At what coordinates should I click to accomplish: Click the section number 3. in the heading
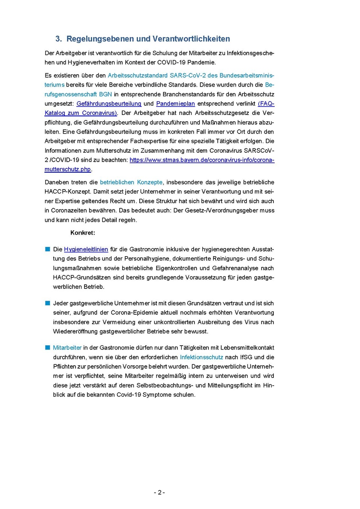tap(59, 39)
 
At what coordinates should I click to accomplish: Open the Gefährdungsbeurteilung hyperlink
tap(109, 103)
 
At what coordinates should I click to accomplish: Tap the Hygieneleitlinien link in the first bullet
tap(86, 249)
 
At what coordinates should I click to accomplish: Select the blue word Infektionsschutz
tap(202, 357)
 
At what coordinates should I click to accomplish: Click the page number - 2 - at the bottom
tap(160, 492)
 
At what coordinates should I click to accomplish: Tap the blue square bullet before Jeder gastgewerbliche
tap(48, 303)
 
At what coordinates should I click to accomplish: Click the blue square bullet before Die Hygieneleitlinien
tap(48, 249)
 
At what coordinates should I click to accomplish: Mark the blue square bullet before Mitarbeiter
tap(48, 347)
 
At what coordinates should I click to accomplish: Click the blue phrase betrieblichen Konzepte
tap(131, 182)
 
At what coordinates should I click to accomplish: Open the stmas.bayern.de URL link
tap(202, 160)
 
